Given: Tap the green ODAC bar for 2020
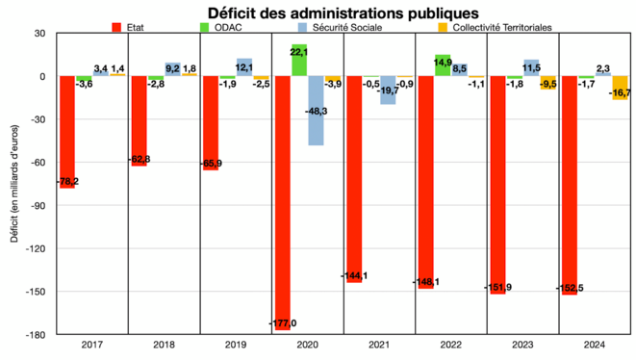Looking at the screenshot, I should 299,61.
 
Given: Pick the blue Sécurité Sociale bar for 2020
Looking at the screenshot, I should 316,111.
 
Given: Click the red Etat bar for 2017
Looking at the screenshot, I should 67,132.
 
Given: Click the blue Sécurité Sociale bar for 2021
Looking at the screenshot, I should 387,90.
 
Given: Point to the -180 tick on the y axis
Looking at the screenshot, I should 40,335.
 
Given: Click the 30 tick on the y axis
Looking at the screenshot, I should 43,34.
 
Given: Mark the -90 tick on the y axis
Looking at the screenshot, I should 43,206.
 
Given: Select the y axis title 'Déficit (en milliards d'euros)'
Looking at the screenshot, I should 15,183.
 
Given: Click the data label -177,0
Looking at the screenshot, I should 283,322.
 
